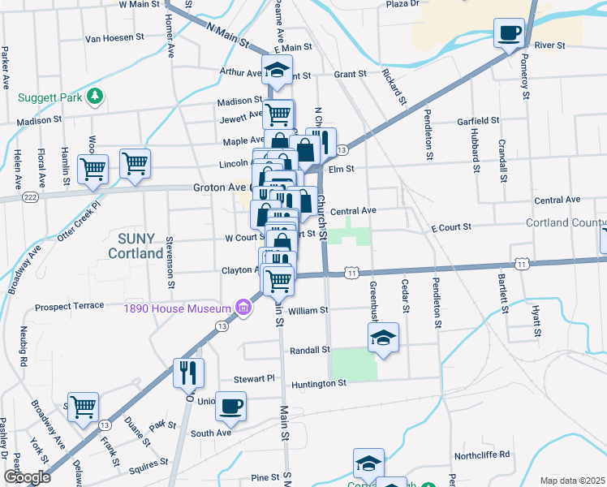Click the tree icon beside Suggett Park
point(96,97)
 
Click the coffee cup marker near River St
point(510,33)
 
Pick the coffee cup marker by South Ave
point(231,405)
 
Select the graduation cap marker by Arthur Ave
point(277,70)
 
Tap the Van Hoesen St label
point(114,37)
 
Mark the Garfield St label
point(477,120)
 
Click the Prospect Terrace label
point(70,306)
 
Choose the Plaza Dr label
point(402,4)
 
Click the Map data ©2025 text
point(572,480)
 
